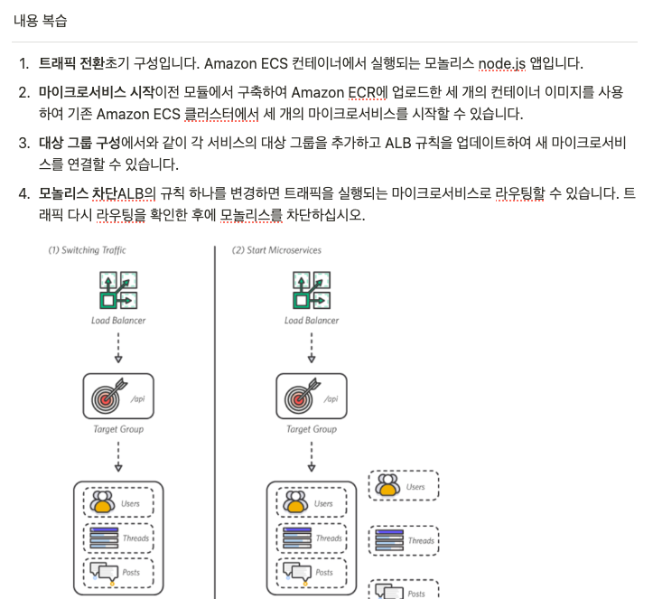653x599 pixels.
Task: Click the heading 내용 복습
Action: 40,21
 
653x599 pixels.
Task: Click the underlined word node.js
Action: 502,63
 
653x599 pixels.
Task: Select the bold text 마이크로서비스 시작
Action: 97,92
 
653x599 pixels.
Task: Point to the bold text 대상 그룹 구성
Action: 79,143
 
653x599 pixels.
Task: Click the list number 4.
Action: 23,193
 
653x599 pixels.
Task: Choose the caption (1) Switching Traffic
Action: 87,250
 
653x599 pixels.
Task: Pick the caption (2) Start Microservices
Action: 276,250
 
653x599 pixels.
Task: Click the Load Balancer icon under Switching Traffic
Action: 118,290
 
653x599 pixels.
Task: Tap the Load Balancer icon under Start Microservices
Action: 312,290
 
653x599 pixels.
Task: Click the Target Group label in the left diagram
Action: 118,429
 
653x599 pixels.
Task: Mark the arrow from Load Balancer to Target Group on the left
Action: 118,348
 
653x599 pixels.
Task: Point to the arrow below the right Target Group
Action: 312,456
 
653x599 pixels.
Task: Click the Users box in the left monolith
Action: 118,502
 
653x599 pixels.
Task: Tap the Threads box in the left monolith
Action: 118,538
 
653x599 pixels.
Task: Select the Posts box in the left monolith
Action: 118,573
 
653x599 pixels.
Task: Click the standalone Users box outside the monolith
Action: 404,485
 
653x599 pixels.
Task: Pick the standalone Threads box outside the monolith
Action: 404,540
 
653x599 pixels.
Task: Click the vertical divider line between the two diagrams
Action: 215,423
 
